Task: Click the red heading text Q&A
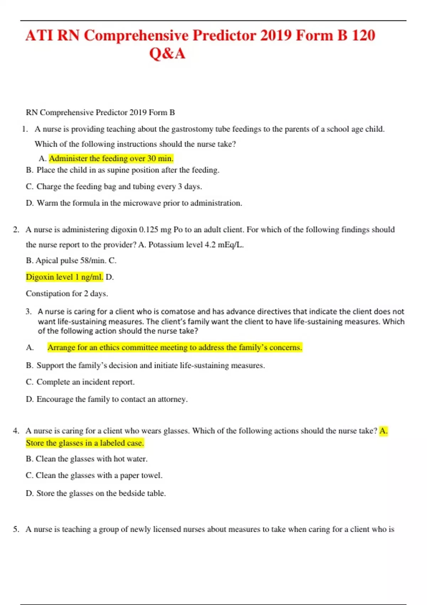pyautogui.click(x=167, y=54)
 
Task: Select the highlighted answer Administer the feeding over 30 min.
pyautogui.click(x=111, y=158)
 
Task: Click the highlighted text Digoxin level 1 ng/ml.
pyautogui.click(x=64, y=277)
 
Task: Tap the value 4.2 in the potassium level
pyautogui.click(x=210, y=245)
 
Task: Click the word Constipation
pyautogui.click(x=48, y=294)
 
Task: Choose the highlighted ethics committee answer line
pyautogui.click(x=175, y=347)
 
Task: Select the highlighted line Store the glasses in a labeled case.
pyautogui.click(x=85, y=443)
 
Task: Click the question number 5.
pyautogui.click(x=16, y=529)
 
